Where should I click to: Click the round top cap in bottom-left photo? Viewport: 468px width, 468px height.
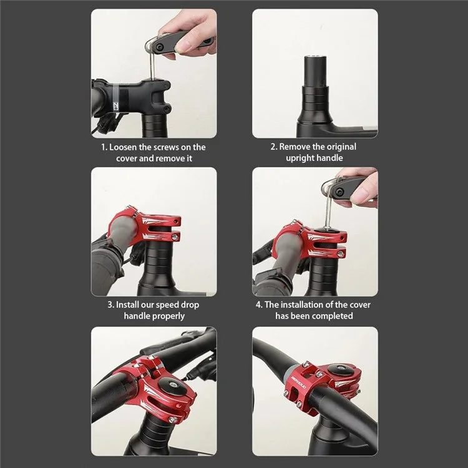coord(168,386)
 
